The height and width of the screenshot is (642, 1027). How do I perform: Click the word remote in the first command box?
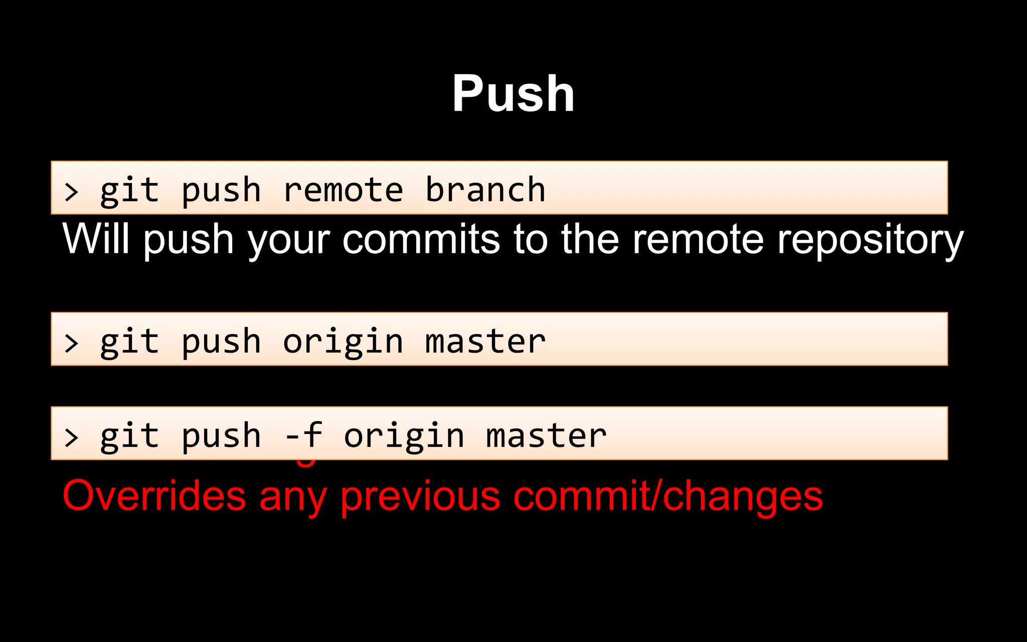[343, 190]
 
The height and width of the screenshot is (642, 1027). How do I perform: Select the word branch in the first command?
[485, 190]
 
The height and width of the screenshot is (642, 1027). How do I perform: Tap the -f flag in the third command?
[303, 435]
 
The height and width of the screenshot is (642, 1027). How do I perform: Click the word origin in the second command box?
[343, 343]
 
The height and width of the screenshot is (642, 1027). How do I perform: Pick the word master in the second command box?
[485, 343]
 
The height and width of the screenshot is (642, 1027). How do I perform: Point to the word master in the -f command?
[546, 436]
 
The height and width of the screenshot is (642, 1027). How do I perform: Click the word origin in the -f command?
[404, 436]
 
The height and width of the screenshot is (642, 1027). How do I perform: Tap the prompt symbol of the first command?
[72, 192]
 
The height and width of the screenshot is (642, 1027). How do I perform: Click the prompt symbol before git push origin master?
[72, 344]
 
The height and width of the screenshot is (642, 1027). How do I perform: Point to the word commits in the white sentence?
[421, 239]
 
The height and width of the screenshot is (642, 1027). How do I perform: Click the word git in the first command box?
[129, 191]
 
